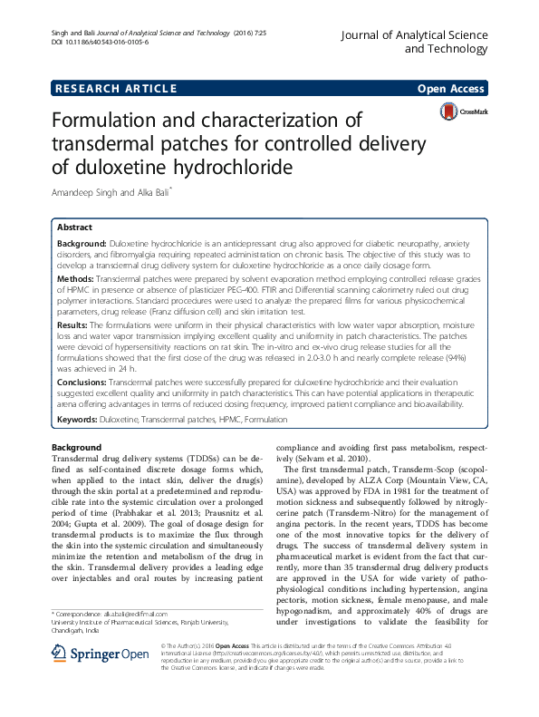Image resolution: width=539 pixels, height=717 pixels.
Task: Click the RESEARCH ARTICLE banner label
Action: coord(115,88)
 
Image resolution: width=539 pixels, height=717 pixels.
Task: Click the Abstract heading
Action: coord(74,228)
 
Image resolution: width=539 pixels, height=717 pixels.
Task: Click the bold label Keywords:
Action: coord(77,420)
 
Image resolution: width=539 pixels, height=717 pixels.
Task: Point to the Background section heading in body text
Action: coord(76,448)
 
